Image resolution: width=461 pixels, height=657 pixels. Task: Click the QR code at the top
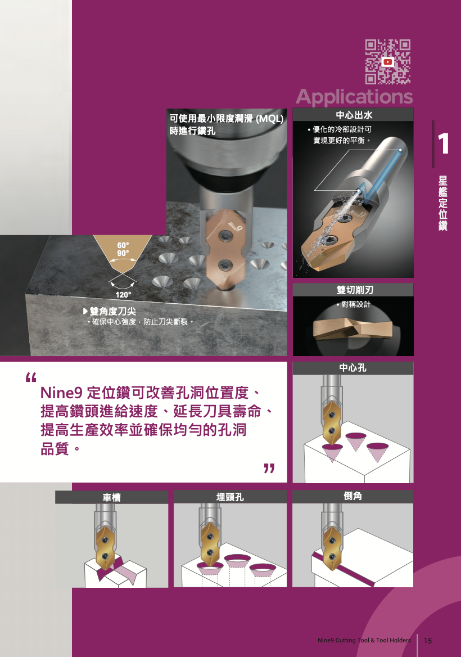coord(388,62)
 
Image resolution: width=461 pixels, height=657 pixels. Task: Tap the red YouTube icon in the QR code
coord(388,62)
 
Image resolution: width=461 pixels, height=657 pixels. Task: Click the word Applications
coord(354,97)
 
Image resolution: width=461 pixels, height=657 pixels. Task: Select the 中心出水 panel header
coord(353,114)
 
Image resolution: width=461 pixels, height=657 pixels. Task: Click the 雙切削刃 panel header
coord(353,290)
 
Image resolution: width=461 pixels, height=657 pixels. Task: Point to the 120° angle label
coord(123,295)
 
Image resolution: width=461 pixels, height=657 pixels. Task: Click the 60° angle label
coord(123,245)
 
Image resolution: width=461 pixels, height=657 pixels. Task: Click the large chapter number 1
coord(443,144)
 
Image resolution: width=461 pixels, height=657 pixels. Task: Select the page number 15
coord(428,641)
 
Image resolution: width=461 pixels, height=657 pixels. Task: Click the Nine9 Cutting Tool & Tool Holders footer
coord(364,640)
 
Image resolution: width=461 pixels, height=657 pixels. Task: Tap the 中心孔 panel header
coord(353,368)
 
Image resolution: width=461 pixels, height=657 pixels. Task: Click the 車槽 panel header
coord(112,497)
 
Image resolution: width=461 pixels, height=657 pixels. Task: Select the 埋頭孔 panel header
coord(231,497)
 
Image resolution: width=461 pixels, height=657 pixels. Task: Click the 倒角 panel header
coord(353,497)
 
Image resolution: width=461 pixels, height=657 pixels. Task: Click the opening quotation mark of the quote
coord(31,377)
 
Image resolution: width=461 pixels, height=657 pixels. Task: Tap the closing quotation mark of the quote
coord(269,468)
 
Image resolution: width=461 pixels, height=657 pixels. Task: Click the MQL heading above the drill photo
coord(227,124)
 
